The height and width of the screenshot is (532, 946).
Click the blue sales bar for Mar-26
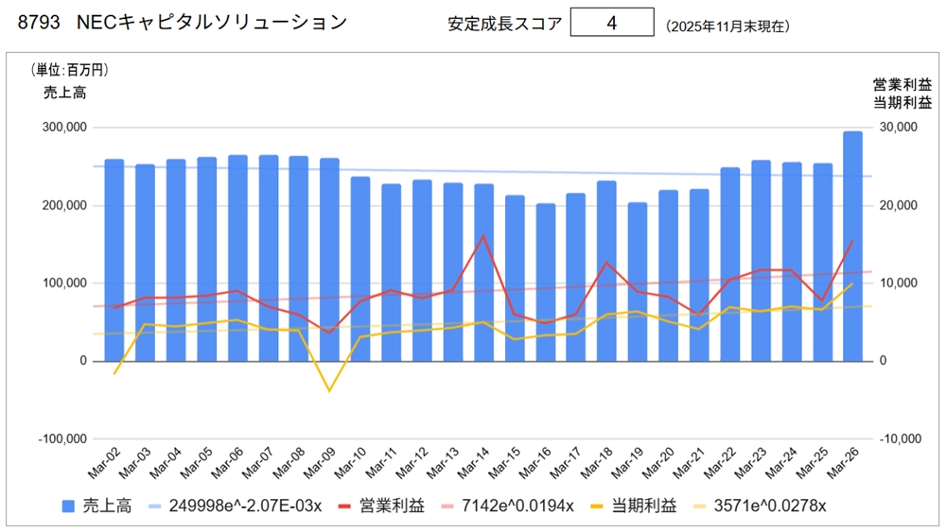[x=852, y=246]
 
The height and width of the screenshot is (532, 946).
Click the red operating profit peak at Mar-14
[x=483, y=236]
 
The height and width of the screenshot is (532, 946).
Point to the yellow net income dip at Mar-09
[x=329, y=390]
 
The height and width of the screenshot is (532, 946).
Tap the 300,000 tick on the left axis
[x=62, y=128]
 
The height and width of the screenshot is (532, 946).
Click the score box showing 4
[x=612, y=23]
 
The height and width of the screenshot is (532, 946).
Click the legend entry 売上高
[x=96, y=506]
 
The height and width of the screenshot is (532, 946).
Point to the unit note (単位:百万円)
[x=71, y=70]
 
